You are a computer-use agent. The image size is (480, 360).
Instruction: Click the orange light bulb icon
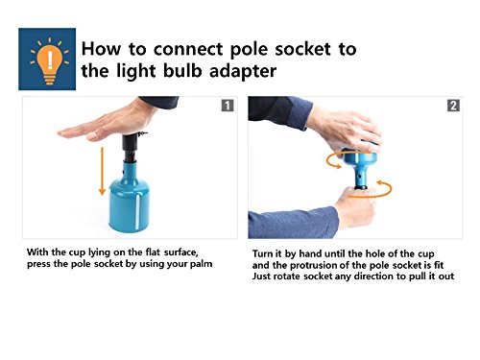pyautogui.click(x=50, y=61)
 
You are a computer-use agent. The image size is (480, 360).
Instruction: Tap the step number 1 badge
pyautogui.click(x=228, y=106)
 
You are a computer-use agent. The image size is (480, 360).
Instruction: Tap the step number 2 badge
pyautogui.click(x=453, y=106)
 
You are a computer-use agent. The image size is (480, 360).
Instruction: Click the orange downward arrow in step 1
pyautogui.click(x=102, y=171)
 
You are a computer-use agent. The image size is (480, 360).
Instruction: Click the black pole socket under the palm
pyautogui.click(x=132, y=147)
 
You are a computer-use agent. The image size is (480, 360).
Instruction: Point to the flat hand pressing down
pyautogui.click(x=108, y=123)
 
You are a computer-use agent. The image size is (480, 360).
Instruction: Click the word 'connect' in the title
pyautogui.click(x=188, y=49)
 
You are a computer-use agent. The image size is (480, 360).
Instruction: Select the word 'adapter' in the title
pyautogui.click(x=243, y=72)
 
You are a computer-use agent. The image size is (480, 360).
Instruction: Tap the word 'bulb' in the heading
pyautogui.click(x=182, y=70)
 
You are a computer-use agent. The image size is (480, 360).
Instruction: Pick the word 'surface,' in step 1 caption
pyautogui.click(x=181, y=252)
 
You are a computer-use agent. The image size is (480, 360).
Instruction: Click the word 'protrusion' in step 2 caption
pyautogui.click(x=325, y=266)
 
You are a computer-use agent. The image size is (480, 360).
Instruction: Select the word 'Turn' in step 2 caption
pyautogui.click(x=262, y=253)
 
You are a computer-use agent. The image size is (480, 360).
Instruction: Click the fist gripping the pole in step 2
pyautogui.click(x=356, y=206)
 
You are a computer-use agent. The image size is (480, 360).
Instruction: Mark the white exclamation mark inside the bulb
pyautogui.click(x=50, y=60)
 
